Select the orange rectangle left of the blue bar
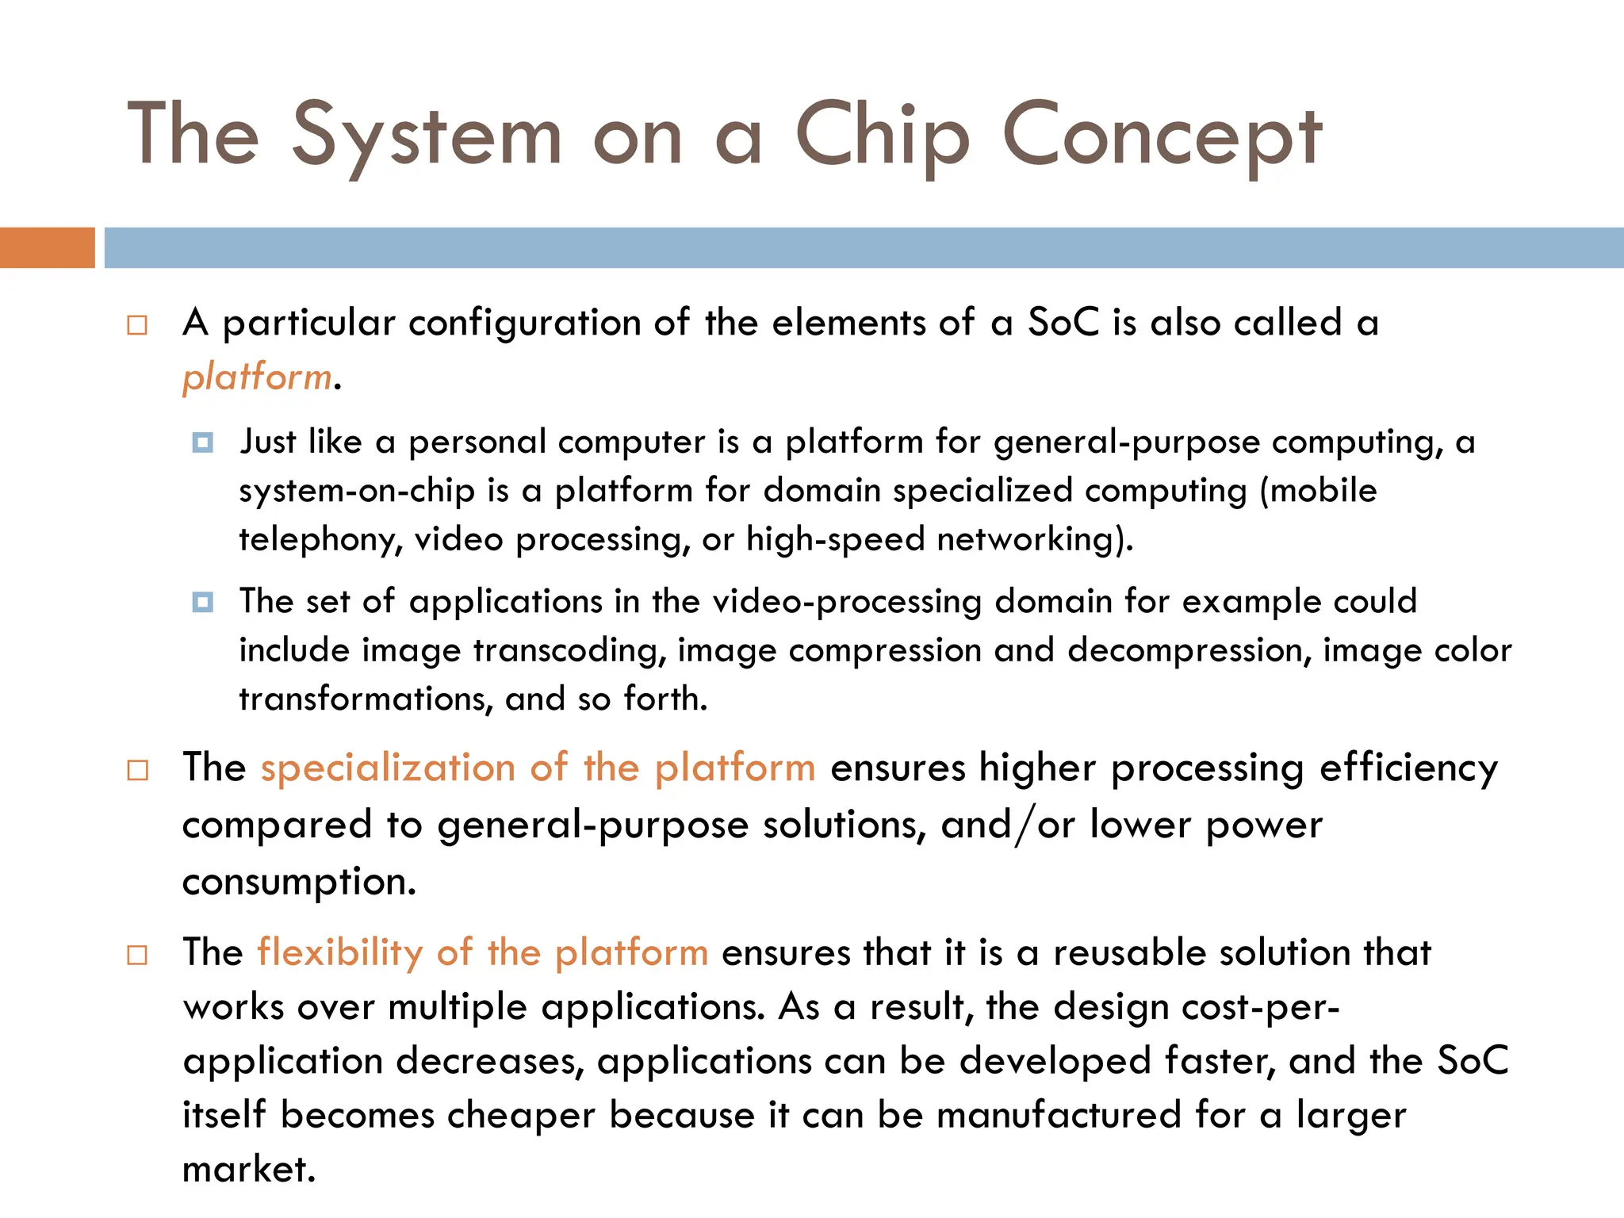(x=47, y=247)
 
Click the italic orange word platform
(x=256, y=377)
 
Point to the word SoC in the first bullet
(x=1063, y=323)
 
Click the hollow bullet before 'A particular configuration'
(x=137, y=325)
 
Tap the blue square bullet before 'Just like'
(x=203, y=442)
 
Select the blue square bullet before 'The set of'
(x=203, y=602)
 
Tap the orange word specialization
(x=388, y=768)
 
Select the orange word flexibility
(x=339, y=952)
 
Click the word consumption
(x=297, y=882)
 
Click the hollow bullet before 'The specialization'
(x=137, y=770)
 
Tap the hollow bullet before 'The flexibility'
(x=137, y=954)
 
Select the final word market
(x=248, y=1170)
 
